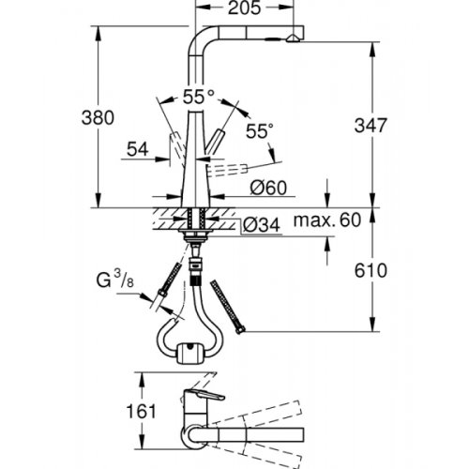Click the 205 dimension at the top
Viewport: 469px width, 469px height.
(244, 8)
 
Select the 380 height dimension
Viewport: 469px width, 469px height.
(98, 118)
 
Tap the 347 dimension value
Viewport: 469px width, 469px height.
(371, 125)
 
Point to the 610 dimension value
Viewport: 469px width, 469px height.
(371, 270)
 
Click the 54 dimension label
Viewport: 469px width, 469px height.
(138, 149)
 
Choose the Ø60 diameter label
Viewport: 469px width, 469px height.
(268, 188)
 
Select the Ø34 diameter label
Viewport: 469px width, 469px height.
(262, 225)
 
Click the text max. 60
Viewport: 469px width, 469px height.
(327, 220)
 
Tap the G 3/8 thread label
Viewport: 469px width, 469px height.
(115, 279)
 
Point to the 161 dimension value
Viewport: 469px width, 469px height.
(141, 411)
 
